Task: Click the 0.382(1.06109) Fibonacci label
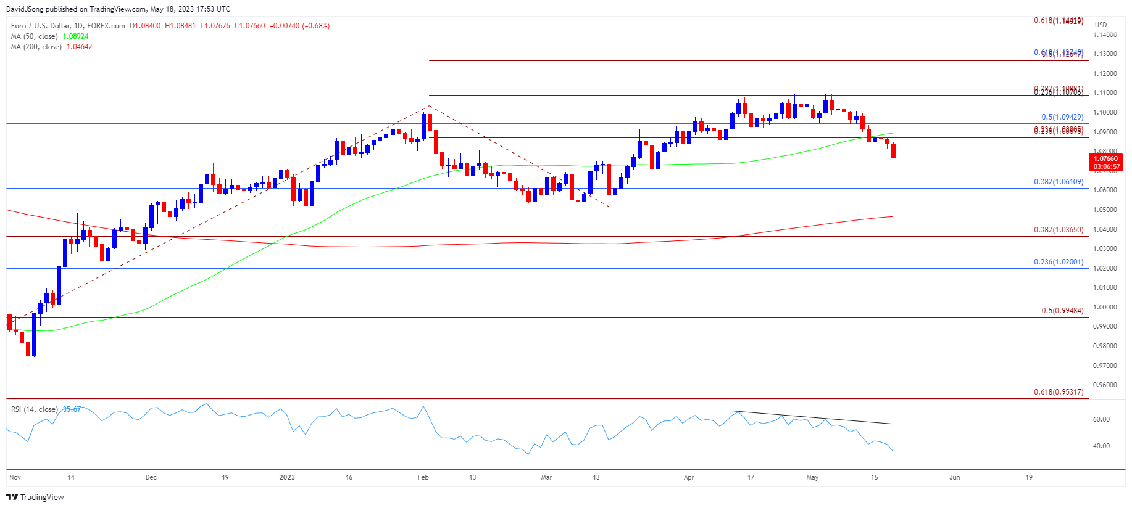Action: pos(1058,182)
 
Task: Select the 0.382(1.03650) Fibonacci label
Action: pos(1058,230)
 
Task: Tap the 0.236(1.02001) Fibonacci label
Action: pos(1058,262)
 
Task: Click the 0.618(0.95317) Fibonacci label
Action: pos(1058,392)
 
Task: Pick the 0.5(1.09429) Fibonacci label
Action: pos(1062,117)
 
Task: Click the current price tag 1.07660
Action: pos(1105,159)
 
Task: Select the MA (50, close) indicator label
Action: pos(36,36)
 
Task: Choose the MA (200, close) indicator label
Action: pos(37,47)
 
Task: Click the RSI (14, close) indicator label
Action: pos(35,409)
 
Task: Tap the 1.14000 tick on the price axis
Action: pos(1105,35)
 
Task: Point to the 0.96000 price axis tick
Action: pos(1105,385)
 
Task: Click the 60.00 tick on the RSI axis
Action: pos(1101,419)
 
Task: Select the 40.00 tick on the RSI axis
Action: pos(1101,446)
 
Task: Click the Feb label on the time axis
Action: pos(423,477)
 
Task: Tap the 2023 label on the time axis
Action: pos(287,477)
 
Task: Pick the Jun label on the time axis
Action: pos(954,477)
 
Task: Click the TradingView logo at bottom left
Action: pos(35,497)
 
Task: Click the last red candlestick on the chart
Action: pos(893,151)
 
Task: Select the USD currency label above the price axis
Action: pos(1101,25)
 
